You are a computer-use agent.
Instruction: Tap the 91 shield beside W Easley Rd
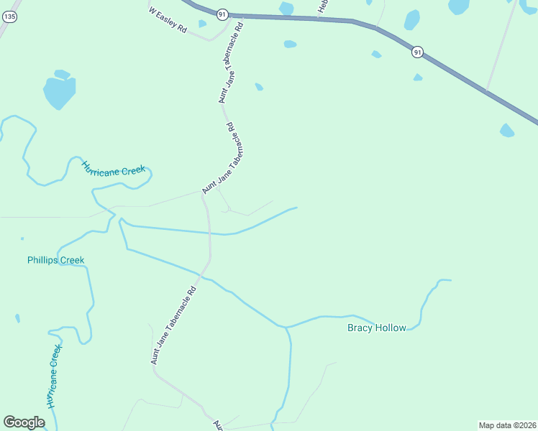pyautogui.click(x=222, y=14)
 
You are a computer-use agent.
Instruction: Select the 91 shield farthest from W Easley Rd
pyautogui.click(x=417, y=52)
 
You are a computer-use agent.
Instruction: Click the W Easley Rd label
pyautogui.click(x=168, y=21)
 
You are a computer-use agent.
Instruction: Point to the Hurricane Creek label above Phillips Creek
pyautogui.click(x=113, y=169)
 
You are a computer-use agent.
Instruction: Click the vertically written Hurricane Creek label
pyautogui.click(x=53, y=376)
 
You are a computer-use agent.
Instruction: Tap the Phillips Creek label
pyautogui.click(x=55, y=260)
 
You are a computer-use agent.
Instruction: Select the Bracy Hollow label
pyautogui.click(x=376, y=328)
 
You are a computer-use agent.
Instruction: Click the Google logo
pyautogui.click(x=24, y=422)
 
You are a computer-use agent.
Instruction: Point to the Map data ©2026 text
pyautogui.click(x=507, y=425)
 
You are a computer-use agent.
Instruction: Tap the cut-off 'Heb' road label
pyautogui.click(x=322, y=6)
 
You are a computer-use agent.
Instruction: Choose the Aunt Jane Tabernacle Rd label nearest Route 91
pyautogui.click(x=232, y=62)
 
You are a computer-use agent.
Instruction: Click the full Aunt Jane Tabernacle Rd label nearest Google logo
pyautogui.click(x=173, y=325)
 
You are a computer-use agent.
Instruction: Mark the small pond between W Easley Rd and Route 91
pyautogui.click(x=202, y=24)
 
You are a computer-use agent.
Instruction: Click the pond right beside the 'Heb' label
pyautogui.click(x=286, y=8)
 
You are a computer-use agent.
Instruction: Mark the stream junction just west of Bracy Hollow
pyautogui.click(x=286, y=327)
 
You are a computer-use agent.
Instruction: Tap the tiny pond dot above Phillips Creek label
pyautogui.click(x=22, y=238)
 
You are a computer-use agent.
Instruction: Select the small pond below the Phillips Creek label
pyautogui.click(x=17, y=318)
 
